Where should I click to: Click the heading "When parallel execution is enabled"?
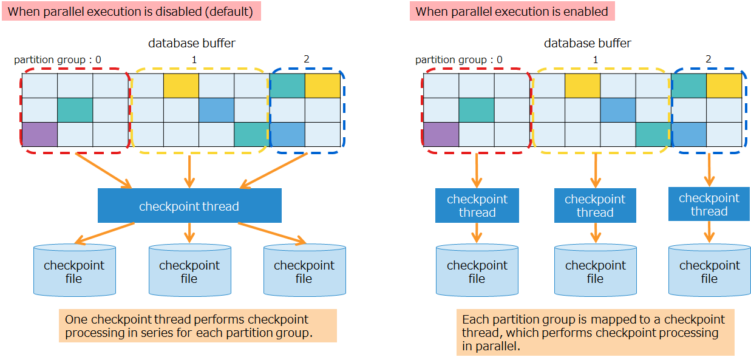click(x=512, y=12)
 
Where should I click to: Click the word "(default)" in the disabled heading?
click(x=228, y=12)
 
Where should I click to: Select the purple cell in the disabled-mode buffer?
click(x=39, y=134)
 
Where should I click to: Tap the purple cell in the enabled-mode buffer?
click(x=441, y=134)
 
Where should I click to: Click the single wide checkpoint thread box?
click(x=189, y=206)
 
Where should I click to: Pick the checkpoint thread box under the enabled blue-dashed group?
click(x=709, y=205)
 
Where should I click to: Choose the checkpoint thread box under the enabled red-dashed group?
click(x=477, y=206)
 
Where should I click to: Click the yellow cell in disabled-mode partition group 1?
click(x=181, y=86)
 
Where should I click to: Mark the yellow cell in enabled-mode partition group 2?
click(x=725, y=86)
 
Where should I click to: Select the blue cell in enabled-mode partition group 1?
click(x=618, y=110)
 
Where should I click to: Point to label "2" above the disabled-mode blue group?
click(x=306, y=59)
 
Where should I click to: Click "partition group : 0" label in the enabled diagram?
click(x=458, y=59)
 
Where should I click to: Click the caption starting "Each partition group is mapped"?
click(x=595, y=333)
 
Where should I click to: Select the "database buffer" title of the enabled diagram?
click(x=587, y=43)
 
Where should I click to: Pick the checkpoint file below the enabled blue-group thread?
click(x=709, y=271)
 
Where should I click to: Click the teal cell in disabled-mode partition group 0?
click(x=75, y=110)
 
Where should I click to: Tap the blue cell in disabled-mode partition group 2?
click(x=288, y=134)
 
